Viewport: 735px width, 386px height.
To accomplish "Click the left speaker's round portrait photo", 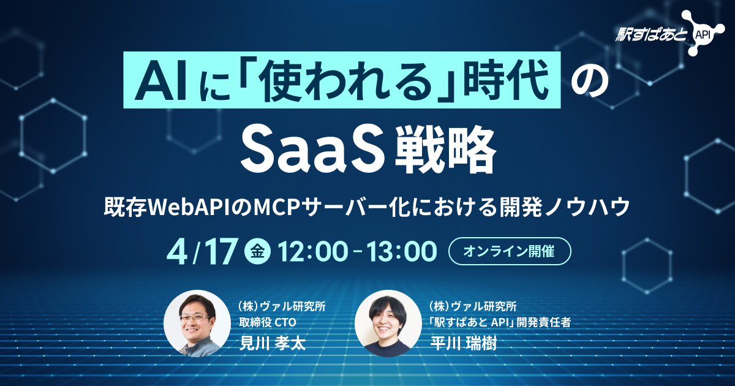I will click(197, 323).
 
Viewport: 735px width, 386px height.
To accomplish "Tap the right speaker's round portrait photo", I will click(387, 323).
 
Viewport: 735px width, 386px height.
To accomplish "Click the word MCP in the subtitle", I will click(276, 208).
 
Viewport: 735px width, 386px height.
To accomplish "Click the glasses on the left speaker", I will click(194, 319).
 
